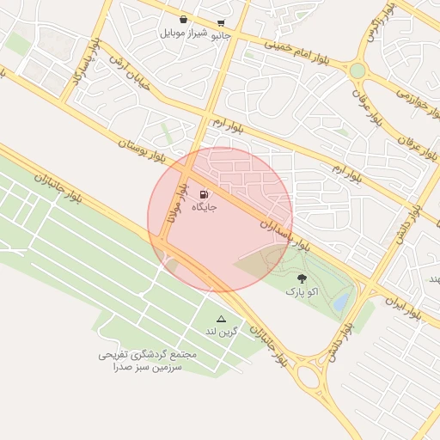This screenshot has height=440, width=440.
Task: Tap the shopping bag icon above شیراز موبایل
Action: [x=184, y=19]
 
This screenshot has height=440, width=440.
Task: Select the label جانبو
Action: [x=222, y=35]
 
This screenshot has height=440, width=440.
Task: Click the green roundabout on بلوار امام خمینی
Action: [x=357, y=70]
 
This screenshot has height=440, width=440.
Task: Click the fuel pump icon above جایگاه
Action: [x=204, y=194]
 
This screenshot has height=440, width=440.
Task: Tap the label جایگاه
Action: [x=204, y=207]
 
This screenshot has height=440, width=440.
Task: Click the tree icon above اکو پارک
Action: [x=302, y=278]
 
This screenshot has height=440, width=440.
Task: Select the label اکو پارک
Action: [x=302, y=292]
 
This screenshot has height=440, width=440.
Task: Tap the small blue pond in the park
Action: [x=342, y=302]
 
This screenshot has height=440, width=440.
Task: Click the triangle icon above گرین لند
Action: [x=221, y=318]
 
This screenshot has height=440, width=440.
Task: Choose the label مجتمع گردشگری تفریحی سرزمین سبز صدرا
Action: [x=147, y=361]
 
